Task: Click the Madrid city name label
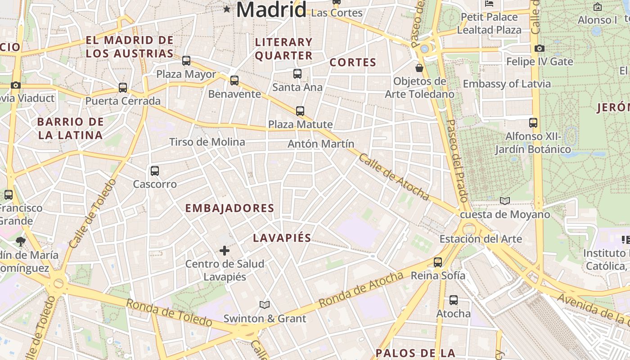(271, 9)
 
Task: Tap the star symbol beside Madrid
(226, 9)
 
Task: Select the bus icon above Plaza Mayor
(186, 61)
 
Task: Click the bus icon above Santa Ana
(297, 74)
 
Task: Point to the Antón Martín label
(321, 144)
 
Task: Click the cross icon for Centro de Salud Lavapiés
(225, 251)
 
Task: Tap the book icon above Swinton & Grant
(265, 305)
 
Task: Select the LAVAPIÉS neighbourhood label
(282, 238)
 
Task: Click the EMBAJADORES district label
(229, 208)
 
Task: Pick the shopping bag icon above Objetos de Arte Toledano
(419, 68)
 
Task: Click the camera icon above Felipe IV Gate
(540, 48)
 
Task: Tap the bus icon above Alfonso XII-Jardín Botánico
(533, 123)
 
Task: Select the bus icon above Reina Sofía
(438, 262)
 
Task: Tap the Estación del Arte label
(481, 238)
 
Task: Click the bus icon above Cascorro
(155, 171)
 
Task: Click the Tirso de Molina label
(207, 142)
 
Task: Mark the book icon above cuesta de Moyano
(505, 201)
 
